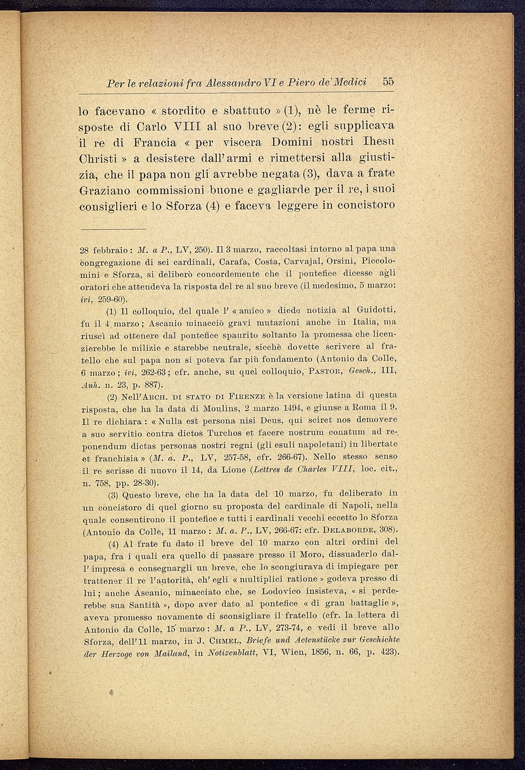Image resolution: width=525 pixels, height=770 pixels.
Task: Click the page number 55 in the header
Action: [388, 82]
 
